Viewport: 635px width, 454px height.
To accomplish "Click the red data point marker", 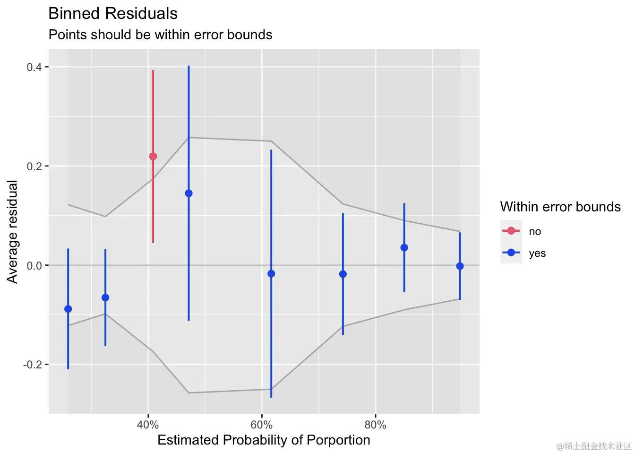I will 153,156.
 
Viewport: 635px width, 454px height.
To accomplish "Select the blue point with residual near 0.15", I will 189,193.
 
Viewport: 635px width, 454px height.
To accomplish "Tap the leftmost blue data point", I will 68,309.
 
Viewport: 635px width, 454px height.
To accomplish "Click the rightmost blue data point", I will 460,266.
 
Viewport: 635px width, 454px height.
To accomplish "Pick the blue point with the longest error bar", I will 271,274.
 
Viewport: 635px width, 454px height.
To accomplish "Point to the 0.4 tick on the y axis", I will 34,67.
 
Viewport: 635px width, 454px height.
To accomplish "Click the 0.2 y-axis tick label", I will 34,166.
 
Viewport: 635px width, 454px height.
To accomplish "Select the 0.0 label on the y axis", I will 34,266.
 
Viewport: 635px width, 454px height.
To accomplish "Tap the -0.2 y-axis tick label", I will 33,365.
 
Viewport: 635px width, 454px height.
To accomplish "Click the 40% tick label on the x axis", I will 148,425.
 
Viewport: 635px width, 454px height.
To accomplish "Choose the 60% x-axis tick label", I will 262,425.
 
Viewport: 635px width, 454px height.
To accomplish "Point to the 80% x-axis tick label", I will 376,425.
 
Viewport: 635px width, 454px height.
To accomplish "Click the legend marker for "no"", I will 511,231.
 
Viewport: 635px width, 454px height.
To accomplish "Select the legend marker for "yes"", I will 511,253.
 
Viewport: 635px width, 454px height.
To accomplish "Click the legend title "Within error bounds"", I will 560,207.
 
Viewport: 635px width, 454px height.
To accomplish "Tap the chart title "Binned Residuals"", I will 113,14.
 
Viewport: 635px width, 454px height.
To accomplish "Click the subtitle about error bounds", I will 161,35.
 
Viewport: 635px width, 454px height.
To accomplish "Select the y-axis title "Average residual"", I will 12,232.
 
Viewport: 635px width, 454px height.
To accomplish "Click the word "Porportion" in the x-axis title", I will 338,440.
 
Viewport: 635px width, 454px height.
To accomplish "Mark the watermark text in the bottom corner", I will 594,446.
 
